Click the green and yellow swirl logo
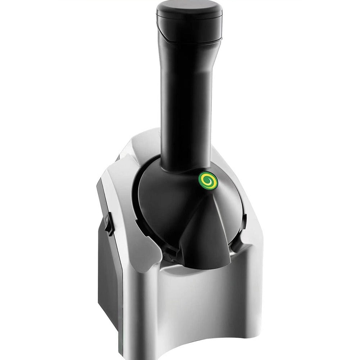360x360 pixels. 208,180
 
